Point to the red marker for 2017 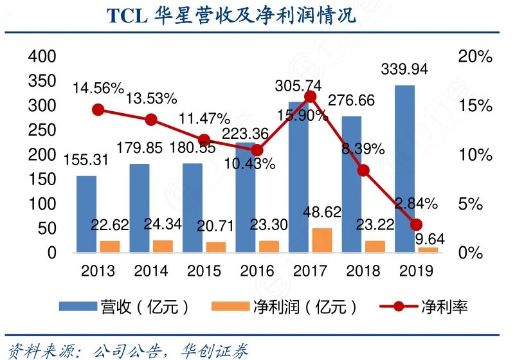(x=310, y=97)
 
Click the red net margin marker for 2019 (x=416, y=224)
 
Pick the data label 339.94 (x=404, y=69)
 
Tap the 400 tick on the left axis (x=43, y=57)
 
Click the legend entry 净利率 (x=444, y=306)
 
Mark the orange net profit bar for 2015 (x=215, y=247)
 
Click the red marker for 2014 (x=151, y=120)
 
